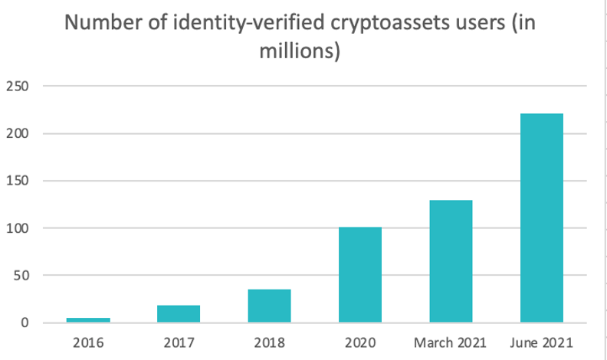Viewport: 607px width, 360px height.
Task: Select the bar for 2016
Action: coord(87,319)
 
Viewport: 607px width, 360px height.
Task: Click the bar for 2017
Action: coord(179,313)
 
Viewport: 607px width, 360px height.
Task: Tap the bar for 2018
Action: coord(269,306)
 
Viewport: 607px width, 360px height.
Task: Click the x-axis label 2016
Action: coord(87,341)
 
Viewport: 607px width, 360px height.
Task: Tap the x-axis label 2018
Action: coord(269,341)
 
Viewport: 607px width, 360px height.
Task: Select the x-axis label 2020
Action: coord(360,341)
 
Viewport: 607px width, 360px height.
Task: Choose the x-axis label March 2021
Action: coord(451,341)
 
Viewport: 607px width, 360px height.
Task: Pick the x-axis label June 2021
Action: coord(542,341)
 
